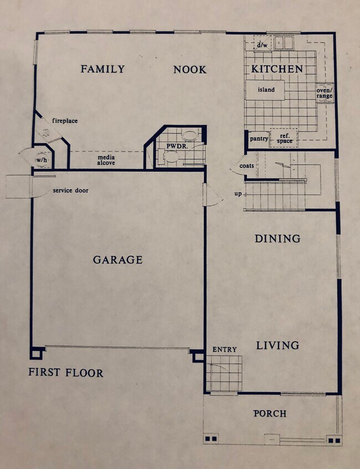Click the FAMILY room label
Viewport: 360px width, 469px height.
pos(102,69)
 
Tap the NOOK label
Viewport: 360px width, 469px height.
pos(189,70)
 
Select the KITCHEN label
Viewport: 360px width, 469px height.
pos(277,69)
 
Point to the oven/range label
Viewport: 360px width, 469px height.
pos(325,93)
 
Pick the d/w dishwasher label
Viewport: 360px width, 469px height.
pos(261,45)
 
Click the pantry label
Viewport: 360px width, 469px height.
pos(259,139)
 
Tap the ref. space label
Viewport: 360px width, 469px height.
pos(285,139)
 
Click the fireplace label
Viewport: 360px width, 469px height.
pos(65,121)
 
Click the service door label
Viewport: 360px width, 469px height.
pos(70,191)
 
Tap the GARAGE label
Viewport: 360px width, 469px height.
pos(117,259)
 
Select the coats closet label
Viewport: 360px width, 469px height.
pos(247,166)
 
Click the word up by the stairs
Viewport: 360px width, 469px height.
pos(238,193)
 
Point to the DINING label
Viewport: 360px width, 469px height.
pos(277,239)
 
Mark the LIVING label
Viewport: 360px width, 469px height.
pos(277,345)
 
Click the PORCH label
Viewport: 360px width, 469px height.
pos(270,414)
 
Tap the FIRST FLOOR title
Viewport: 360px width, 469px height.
pos(66,373)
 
